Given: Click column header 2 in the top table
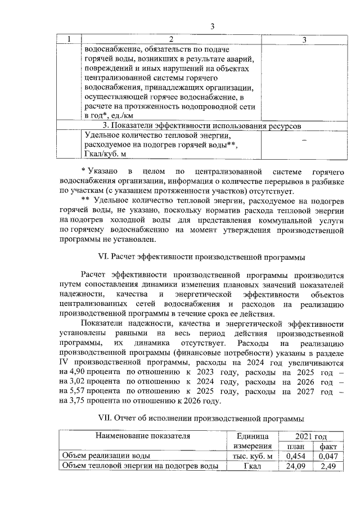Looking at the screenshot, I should [171, 39].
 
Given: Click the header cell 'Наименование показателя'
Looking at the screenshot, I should [143, 435].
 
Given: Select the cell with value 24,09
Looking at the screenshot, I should [299, 466].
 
